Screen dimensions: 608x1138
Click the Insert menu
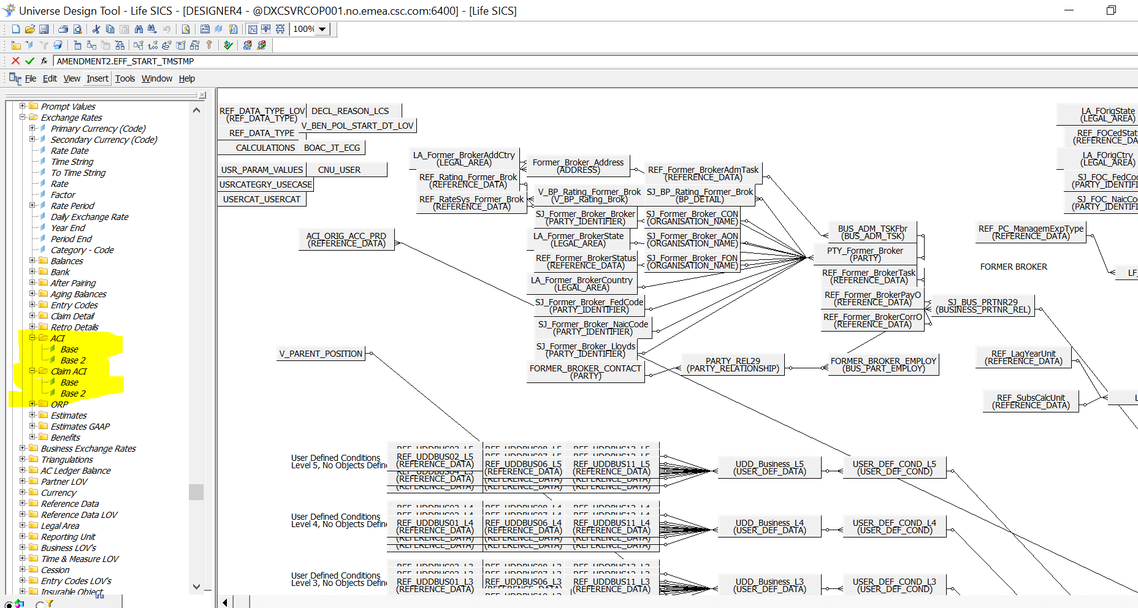tap(97, 78)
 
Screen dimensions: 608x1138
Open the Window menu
tap(156, 78)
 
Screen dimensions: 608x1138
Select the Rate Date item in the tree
tap(69, 151)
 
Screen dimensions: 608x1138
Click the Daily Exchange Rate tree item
tap(90, 217)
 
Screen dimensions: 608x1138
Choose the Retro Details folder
tap(74, 327)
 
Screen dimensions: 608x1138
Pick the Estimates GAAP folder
tap(80, 427)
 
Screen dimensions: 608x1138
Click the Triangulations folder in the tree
tap(67, 460)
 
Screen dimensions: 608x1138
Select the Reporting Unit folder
tap(68, 537)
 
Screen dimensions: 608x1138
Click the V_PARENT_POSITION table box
tap(321, 354)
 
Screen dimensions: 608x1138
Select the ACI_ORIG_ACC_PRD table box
tap(346, 240)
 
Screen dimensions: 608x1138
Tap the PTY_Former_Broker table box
tap(865, 254)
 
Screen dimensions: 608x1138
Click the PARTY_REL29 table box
tap(733, 365)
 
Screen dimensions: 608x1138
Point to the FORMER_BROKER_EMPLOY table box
tap(883, 365)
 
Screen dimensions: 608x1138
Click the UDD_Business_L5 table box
tap(769, 468)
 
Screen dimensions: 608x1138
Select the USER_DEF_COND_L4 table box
tap(894, 526)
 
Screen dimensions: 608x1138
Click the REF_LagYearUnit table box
tap(1023, 357)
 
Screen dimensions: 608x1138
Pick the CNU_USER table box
tap(339, 170)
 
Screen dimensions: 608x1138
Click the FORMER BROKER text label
tap(1014, 267)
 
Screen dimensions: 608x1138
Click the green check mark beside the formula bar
tap(29, 61)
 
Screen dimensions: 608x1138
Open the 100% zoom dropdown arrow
tap(323, 29)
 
